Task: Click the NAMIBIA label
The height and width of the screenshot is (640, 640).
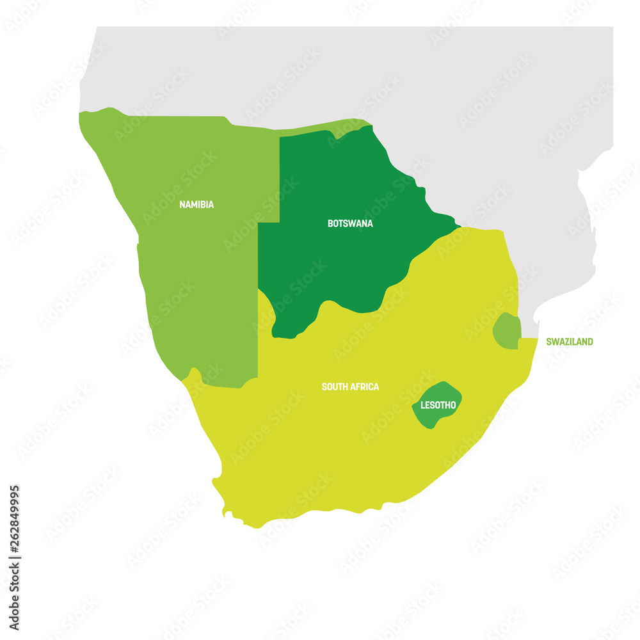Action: pyautogui.click(x=196, y=205)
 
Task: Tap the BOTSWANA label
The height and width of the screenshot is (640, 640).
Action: pyautogui.click(x=350, y=223)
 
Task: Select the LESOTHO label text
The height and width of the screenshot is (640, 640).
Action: pyautogui.click(x=438, y=405)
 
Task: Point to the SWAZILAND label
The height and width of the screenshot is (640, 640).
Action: pyautogui.click(x=569, y=342)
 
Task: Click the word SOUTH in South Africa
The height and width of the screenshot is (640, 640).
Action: pyautogui.click(x=335, y=387)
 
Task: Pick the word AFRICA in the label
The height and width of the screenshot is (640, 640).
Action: pyautogui.click(x=364, y=387)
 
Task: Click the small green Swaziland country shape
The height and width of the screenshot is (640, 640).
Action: pyautogui.click(x=507, y=331)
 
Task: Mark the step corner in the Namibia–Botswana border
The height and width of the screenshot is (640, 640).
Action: pyautogui.click(x=280, y=223)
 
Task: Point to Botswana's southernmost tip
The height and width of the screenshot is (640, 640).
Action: pyautogui.click(x=275, y=334)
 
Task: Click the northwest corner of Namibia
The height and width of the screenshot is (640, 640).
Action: pyautogui.click(x=80, y=114)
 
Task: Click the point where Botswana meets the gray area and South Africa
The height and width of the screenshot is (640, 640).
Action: pyautogui.click(x=459, y=227)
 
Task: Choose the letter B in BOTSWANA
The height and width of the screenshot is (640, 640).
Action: pyautogui.click(x=330, y=223)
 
